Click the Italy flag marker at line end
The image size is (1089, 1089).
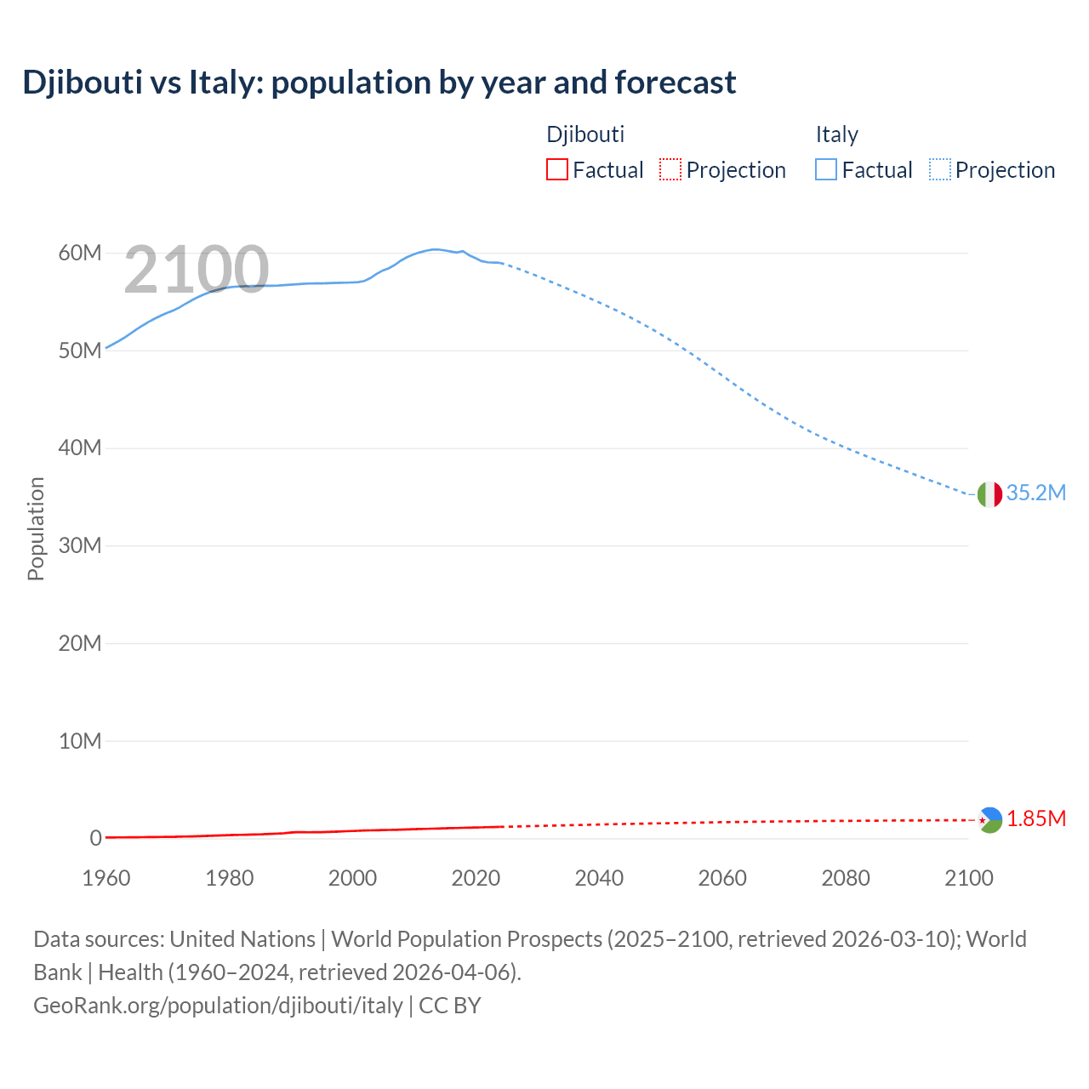989,493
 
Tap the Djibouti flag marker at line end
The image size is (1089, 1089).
989,820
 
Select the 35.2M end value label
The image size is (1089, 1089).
1035,493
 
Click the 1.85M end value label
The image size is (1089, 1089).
1036,818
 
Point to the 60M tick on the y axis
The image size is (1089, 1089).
80,253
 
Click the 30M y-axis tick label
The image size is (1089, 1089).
80,545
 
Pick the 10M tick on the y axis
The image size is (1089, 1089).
80,741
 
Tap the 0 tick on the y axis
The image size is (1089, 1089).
95,838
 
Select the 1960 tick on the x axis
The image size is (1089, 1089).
106,878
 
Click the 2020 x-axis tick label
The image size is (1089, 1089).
476,878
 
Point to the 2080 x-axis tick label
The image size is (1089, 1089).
846,878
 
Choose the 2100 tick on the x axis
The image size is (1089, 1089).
968,878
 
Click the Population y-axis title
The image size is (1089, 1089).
36,528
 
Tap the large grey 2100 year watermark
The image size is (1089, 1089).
197,270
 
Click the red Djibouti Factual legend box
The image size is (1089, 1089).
556,170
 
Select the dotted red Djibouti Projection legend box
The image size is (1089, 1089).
670,170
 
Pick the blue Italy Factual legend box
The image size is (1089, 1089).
826,170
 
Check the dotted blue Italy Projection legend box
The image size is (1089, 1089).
940,170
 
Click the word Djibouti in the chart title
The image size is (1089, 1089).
83,83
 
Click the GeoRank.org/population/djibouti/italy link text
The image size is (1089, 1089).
218,1006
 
